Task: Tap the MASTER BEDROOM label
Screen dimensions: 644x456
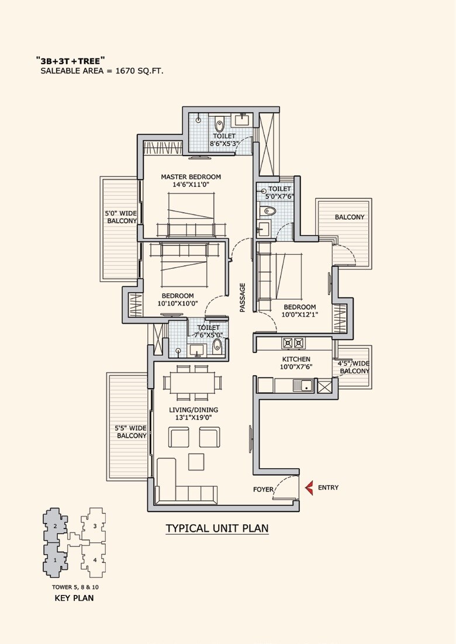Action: (x=191, y=176)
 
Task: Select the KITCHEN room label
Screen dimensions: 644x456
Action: (x=296, y=359)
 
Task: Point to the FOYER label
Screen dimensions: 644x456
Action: (x=263, y=489)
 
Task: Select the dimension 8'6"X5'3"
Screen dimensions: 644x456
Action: (x=224, y=144)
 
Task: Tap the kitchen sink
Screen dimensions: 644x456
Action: (x=303, y=385)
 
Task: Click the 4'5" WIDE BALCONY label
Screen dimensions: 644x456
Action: (x=354, y=367)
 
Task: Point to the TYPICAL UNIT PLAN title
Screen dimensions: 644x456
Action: (x=217, y=528)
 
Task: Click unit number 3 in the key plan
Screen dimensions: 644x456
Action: (x=94, y=526)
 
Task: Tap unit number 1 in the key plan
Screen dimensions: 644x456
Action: (x=54, y=560)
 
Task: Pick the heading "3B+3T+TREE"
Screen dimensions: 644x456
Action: (x=70, y=60)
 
